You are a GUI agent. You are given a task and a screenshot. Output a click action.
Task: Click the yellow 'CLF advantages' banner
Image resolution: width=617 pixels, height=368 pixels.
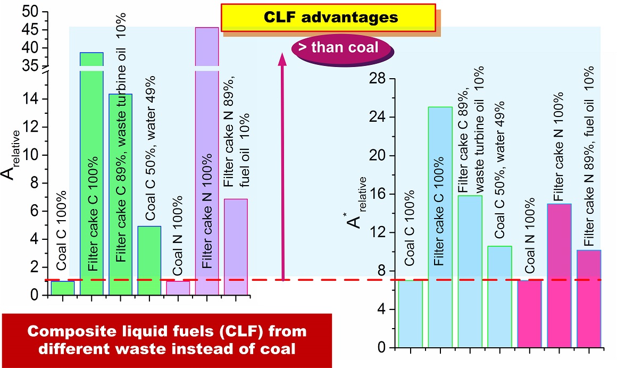coord(328,17)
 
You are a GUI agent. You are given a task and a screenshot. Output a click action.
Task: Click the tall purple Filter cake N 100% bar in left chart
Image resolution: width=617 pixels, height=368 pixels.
coord(207,160)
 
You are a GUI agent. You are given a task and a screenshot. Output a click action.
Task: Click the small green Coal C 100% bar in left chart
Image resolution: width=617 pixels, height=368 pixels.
coord(63,288)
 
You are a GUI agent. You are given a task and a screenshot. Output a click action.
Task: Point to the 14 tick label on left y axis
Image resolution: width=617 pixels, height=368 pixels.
coord(31,99)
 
